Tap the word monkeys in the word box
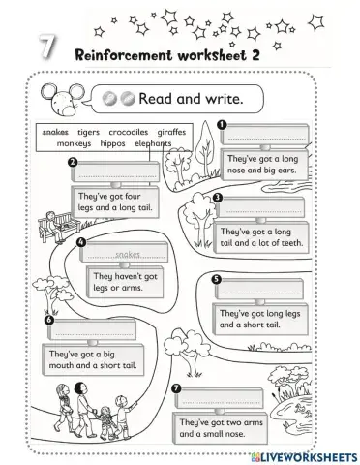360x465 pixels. [x=75, y=143]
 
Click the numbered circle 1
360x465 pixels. [x=222, y=123]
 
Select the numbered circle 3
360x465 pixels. [x=218, y=198]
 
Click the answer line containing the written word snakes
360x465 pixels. [x=128, y=255]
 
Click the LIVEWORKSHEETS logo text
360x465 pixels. [x=305, y=454]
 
